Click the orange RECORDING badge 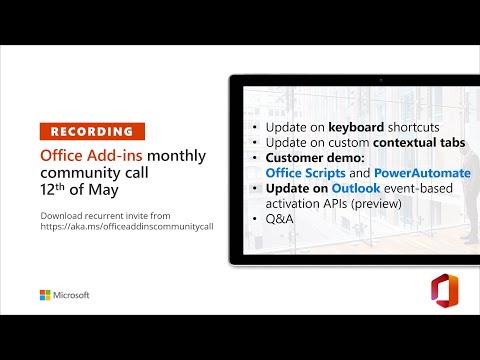pos(92,131)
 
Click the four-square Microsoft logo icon pos(45,295)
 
